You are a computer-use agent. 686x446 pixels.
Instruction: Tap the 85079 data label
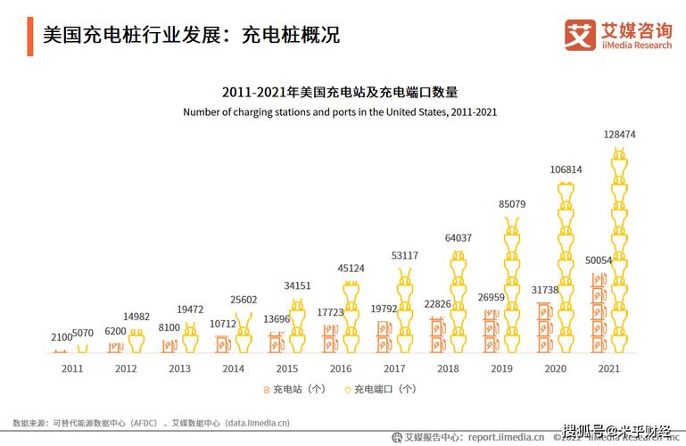point(512,204)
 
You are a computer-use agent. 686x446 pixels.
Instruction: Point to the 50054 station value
point(599,260)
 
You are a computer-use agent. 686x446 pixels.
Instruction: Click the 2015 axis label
point(287,368)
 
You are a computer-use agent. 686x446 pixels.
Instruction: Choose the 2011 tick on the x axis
point(72,368)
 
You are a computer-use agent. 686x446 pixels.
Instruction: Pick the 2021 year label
point(608,368)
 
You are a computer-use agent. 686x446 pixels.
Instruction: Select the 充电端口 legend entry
point(381,389)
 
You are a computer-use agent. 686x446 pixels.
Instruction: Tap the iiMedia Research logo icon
point(580,35)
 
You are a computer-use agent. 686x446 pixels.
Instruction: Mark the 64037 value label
point(459,238)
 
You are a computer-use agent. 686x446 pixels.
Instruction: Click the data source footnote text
point(151,423)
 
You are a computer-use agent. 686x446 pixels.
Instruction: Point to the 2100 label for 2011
point(61,337)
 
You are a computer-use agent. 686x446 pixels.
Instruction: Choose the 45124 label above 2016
point(351,268)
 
